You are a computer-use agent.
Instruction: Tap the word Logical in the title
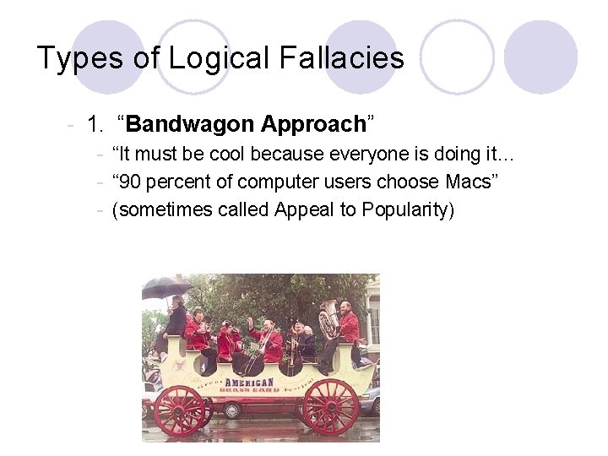pos(217,58)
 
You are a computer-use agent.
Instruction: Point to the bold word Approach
pos(312,125)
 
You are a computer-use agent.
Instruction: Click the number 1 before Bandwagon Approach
pos(95,125)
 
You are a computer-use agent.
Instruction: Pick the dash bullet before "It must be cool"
pos(100,155)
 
